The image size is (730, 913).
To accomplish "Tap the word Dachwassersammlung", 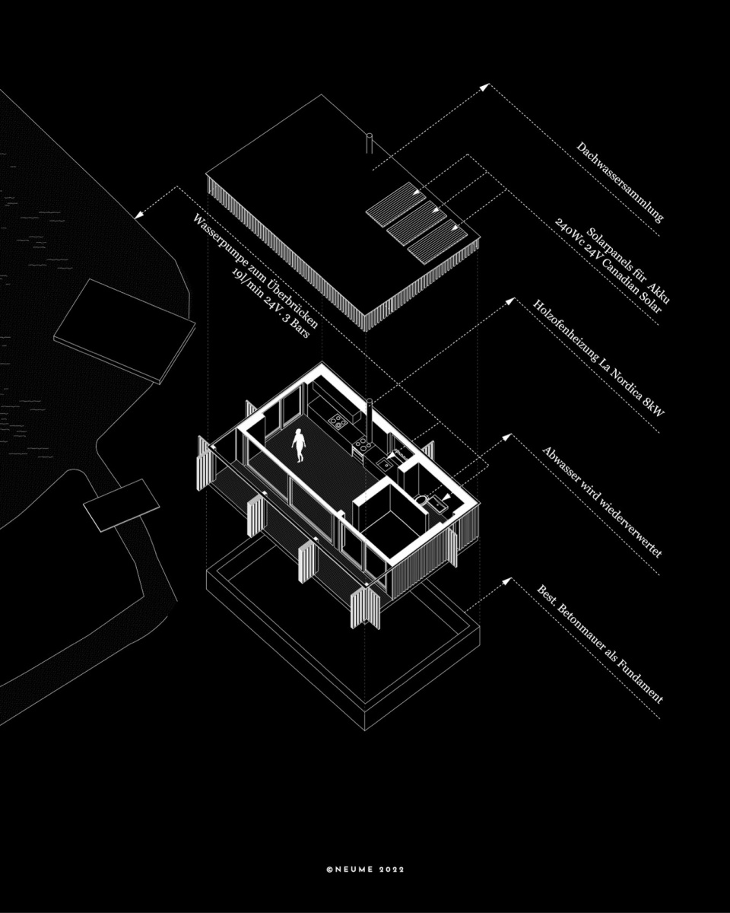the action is click(619, 183).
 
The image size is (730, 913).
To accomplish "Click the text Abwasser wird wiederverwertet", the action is click(602, 502).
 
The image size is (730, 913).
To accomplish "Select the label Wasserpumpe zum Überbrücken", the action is click(255, 271).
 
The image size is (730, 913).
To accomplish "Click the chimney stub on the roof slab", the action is click(370, 143).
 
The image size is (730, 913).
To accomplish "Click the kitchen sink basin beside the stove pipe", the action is click(384, 463).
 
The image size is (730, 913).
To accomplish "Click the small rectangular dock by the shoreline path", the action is click(122, 505).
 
